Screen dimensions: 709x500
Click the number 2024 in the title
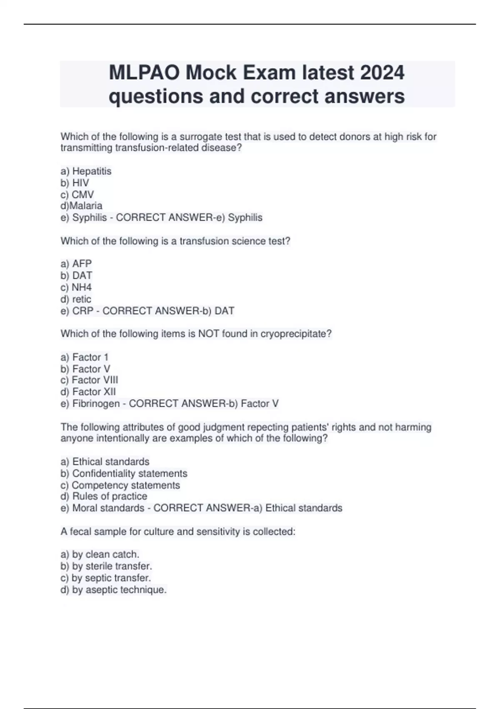(382, 73)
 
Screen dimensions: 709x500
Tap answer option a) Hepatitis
(86, 171)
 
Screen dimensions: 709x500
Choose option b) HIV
(75, 183)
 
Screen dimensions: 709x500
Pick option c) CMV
(77, 194)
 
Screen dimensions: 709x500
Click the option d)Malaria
(81, 206)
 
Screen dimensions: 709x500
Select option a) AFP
(76, 264)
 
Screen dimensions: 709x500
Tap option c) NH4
(76, 287)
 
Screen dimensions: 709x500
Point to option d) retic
(75, 299)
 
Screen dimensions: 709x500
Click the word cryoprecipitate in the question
(295, 334)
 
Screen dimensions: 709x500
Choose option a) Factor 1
(84, 357)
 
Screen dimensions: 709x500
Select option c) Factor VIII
(89, 380)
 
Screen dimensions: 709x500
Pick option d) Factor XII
(88, 392)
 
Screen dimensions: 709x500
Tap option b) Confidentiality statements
(124, 473)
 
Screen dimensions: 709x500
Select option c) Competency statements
(120, 485)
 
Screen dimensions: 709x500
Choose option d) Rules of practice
(104, 496)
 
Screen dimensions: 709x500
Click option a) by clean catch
(100, 554)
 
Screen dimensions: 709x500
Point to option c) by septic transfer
(105, 578)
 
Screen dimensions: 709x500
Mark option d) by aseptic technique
(113, 590)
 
